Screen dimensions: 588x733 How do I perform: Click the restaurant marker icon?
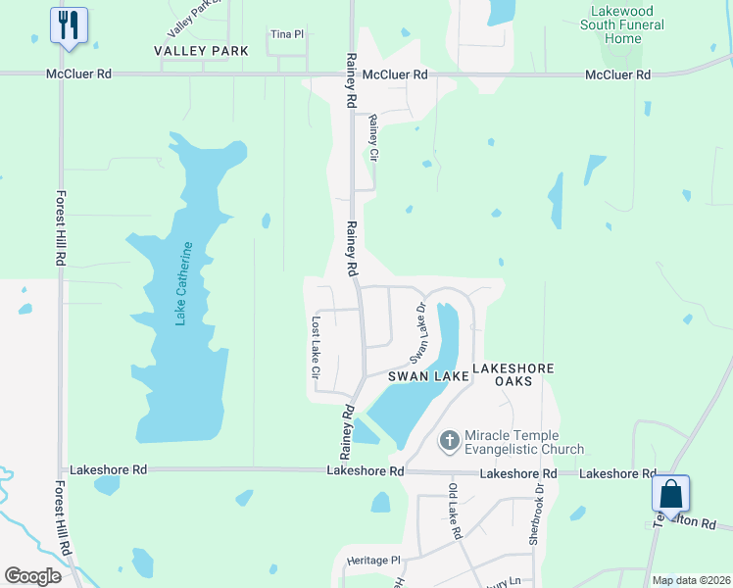[69, 26]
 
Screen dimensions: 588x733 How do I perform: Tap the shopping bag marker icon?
[671, 495]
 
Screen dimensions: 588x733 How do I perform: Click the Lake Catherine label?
[183, 285]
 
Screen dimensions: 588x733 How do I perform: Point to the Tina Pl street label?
[286, 33]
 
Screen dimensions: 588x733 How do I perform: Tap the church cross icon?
[450, 441]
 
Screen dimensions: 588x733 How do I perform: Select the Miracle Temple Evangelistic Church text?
[524, 442]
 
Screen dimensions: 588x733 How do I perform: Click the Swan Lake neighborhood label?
[426, 375]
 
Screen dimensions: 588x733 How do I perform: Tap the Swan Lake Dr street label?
[420, 329]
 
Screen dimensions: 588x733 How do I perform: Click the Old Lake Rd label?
[455, 512]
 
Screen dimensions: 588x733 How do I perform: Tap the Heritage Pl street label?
[374, 561]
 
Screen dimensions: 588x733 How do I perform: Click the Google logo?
[33, 576]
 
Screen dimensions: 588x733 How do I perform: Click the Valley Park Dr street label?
[189, 14]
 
